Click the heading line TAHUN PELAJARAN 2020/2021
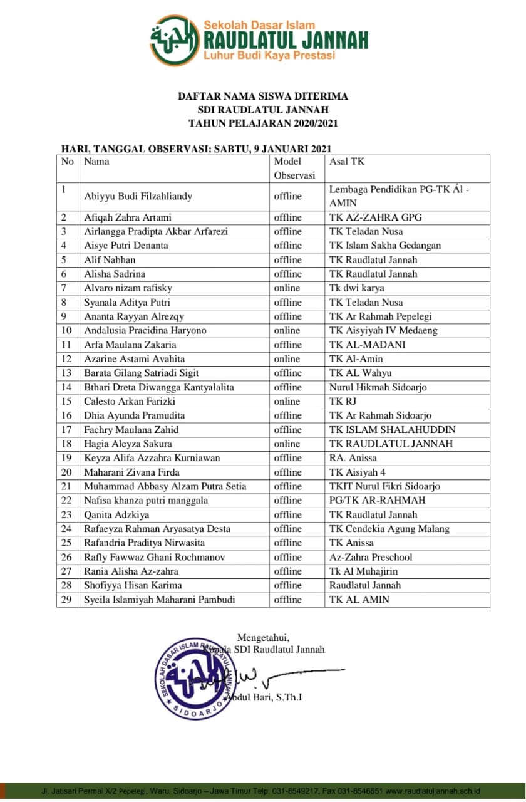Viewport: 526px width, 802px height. pos(263,123)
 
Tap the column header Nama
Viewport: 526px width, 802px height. pos(96,162)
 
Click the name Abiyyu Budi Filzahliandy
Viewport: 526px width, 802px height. pos(138,196)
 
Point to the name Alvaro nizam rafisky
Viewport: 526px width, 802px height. pos(128,288)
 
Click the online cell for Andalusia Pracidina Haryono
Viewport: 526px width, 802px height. pos(287,330)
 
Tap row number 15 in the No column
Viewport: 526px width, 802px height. pos(67,401)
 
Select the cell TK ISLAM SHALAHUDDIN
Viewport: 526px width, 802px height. pos(392,429)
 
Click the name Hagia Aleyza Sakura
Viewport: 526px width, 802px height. pos(129,444)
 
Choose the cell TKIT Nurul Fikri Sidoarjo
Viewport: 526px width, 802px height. pos(384,486)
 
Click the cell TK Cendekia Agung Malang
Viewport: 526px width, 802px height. pos(389,529)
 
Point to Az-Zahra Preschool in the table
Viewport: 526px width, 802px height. pos(371,557)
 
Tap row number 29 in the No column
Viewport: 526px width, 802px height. pos(67,600)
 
